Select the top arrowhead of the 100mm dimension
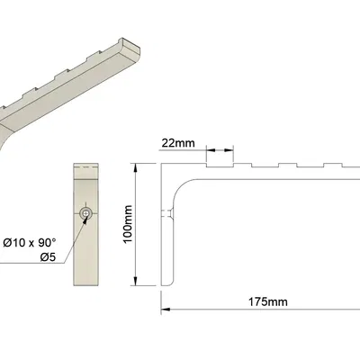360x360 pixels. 136,167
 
